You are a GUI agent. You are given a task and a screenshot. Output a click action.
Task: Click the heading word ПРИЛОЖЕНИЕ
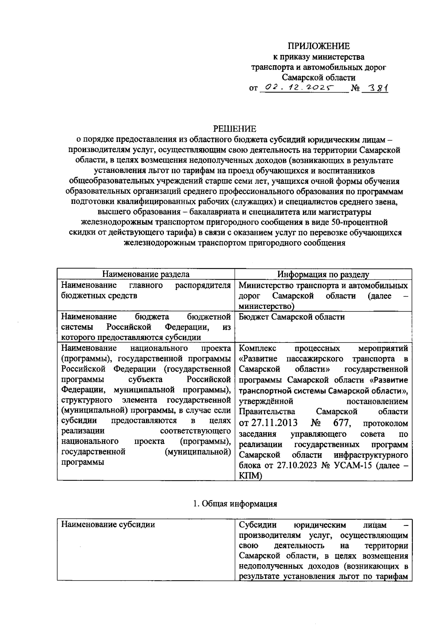pos(319,46)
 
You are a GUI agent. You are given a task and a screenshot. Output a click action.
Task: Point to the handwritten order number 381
pos(377,88)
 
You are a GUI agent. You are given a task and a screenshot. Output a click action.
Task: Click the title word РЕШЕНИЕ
pos(235,129)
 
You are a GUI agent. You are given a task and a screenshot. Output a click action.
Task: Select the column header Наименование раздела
pos(145,274)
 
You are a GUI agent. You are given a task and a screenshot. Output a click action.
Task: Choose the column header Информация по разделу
pos(323,274)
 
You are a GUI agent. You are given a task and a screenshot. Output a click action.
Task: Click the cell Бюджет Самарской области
pos(292,317)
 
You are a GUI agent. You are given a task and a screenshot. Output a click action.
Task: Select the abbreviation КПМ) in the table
pos(251,476)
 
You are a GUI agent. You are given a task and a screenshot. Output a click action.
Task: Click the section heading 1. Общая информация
pos(235,504)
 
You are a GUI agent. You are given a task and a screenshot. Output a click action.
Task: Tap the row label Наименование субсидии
pos(108,524)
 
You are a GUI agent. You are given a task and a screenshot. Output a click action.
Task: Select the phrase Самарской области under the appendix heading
pos(319,77)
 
